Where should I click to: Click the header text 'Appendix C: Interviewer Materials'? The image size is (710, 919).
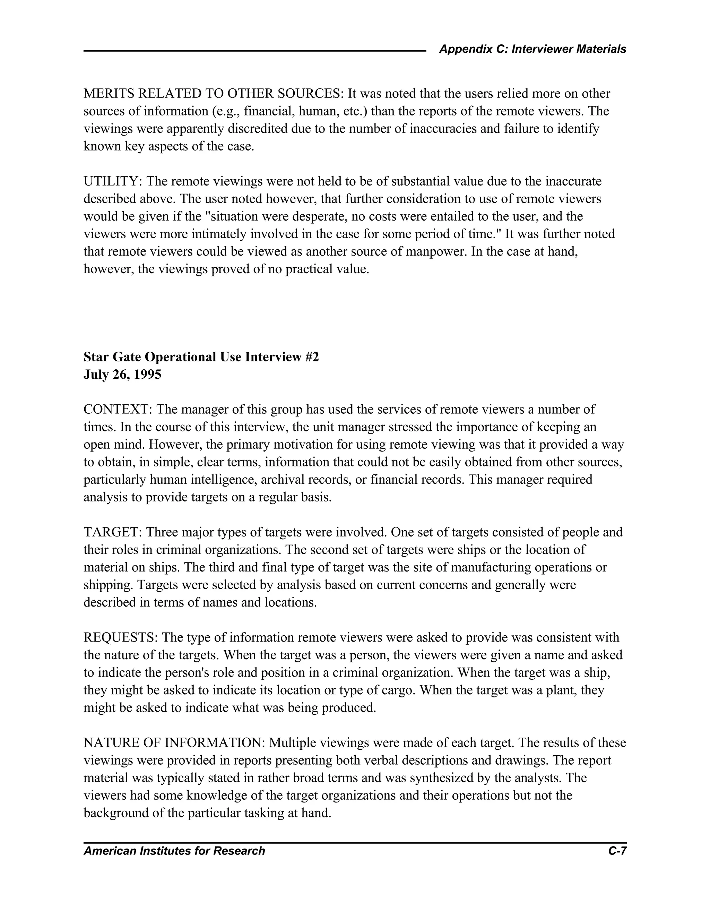click(532, 49)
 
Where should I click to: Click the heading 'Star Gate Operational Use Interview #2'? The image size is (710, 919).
click(201, 357)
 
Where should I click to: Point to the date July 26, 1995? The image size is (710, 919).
click(122, 375)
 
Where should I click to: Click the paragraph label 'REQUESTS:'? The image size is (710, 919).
click(120, 637)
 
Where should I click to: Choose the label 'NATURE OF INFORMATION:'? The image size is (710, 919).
click(174, 743)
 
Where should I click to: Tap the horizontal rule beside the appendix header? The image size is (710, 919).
click(254, 51)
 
